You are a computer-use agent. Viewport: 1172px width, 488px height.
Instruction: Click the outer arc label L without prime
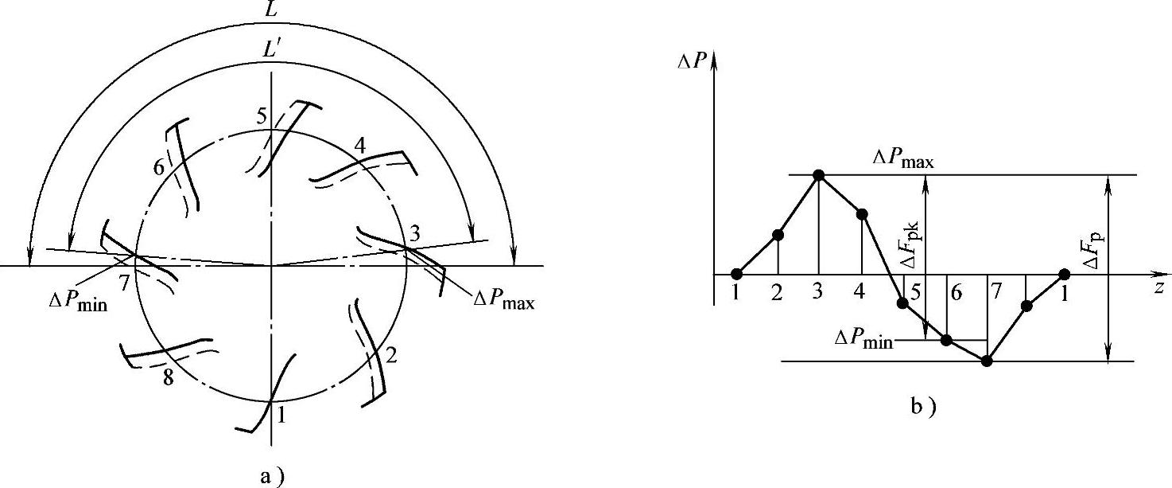click(x=274, y=10)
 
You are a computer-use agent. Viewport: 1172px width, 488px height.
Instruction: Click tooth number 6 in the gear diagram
click(x=159, y=170)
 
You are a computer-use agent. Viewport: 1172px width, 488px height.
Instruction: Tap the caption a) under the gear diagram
click(x=272, y=477)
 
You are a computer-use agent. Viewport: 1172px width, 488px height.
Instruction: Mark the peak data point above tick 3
click(x=818, y=175)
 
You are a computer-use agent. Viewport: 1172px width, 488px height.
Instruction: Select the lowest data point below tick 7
click(x=987, y=361)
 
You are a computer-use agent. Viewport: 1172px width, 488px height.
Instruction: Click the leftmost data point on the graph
click(x=736, y=275)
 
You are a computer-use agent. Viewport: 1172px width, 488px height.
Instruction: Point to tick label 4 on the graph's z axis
click(x=860, y=292)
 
